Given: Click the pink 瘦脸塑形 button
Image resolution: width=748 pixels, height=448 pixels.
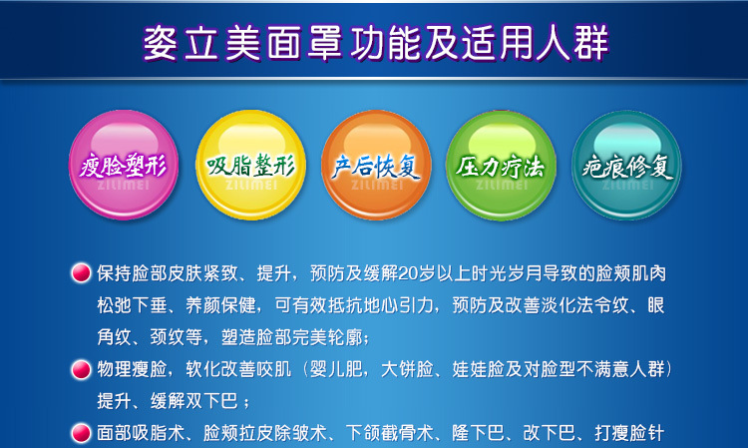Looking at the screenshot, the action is coord(124,165).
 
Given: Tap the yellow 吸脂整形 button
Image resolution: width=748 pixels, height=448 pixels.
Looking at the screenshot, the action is coord(251,165).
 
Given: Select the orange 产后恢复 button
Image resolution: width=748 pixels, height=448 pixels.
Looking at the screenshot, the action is coord(376,165).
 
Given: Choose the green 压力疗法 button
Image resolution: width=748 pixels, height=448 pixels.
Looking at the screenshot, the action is coord(501,165).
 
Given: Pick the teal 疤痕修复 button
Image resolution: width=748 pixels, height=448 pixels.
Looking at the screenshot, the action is coord(627,165).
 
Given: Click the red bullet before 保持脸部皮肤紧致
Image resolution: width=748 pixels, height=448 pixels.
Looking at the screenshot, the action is coord(81,273).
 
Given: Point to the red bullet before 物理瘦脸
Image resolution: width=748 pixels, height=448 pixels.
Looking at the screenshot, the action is coord(81,369).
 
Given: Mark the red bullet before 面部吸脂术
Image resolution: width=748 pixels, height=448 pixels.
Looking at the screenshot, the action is coord(81,433).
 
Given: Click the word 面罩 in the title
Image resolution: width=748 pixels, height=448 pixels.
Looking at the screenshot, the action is coord(304,43).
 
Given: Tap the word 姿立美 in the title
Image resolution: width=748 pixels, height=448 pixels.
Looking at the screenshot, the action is coord(200,43).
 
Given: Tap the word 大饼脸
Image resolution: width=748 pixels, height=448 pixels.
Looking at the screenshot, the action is coord(407,369).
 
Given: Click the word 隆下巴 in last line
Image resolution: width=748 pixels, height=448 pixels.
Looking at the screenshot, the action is coord(478,433).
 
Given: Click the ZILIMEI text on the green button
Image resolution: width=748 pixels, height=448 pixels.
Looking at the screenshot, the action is coord(502,185).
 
